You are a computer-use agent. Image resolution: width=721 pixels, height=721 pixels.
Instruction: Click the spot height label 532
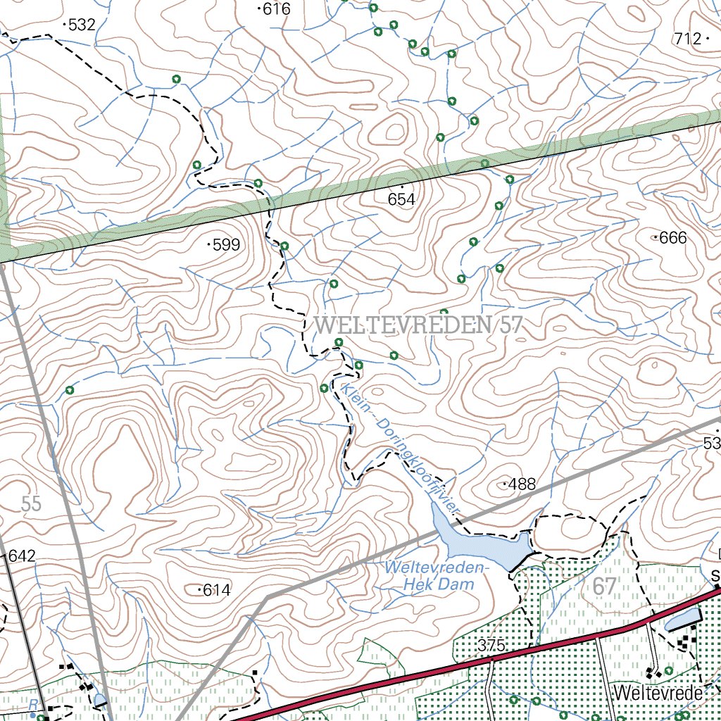click(x=82, y=25)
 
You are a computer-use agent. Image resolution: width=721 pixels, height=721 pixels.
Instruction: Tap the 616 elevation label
click(x=276, y=9)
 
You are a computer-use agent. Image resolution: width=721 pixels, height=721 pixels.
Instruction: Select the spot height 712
click(x=688, y=39)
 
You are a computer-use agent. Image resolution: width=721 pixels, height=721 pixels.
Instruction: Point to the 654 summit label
click(x=401, y=200)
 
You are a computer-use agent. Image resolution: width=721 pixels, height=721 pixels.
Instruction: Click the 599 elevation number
click(x=226, y=245)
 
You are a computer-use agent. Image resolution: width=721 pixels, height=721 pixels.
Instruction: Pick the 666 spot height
click(x=672, y=238)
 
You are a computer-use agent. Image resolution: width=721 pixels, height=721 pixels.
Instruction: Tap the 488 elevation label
click(x=522, y=484)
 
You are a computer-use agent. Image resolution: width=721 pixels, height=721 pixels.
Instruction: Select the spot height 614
click(x=216, y=590)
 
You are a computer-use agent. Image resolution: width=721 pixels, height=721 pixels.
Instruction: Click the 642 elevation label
click(x=22, y=556)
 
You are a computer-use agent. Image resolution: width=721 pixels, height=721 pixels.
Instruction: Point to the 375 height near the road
click(x=491, y=645)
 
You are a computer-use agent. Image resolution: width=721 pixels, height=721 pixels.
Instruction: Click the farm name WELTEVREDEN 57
click(x=420, y=325)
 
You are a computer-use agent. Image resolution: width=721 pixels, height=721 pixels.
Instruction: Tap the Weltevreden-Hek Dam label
click(x=436, y=576)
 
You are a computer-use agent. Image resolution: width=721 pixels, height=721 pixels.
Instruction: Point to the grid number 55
click(x=31, y=503)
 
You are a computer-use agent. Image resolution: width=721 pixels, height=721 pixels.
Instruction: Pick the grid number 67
click(x=604, y=586)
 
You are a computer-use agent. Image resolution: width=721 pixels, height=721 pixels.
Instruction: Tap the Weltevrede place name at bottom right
click(x=658, y=693)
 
